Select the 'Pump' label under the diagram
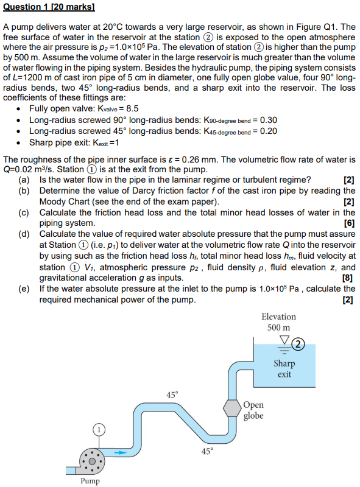pyautogui.click(x=90, y=480)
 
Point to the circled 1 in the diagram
pyautogui.click(x=97, y=429)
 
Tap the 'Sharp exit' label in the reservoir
pyautogui.click(x=284, y=369)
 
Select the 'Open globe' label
pyautogui.click(x=253, y=411)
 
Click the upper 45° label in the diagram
pyautogui.click(x=172, y=394)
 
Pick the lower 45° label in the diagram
pyautogui.click(x=208, y=451)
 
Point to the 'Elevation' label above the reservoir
pyautogui.click(x=278, y=317)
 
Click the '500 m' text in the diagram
pyautogui.click(x=278, y=328)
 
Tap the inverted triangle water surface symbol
pyautogui.click(x=283, y=340)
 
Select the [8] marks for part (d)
pyautogui.click(x=348, y=278)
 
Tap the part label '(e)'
pyautogui.click(x=24, y=289)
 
